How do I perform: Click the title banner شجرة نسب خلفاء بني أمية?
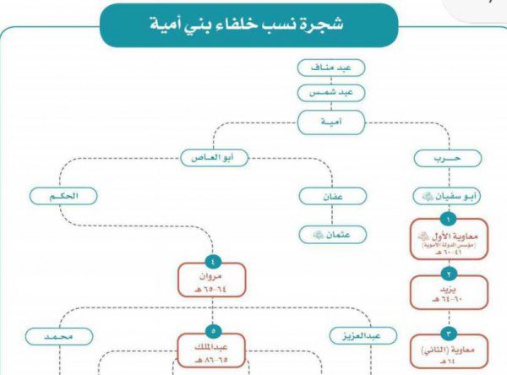[x=248, y=24]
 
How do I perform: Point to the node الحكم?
[x=63, y=196]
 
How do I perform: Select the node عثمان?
[x=332, y=234]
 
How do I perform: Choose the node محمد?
[x=58, y=337]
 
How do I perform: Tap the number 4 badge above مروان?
[x=212, y=258]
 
